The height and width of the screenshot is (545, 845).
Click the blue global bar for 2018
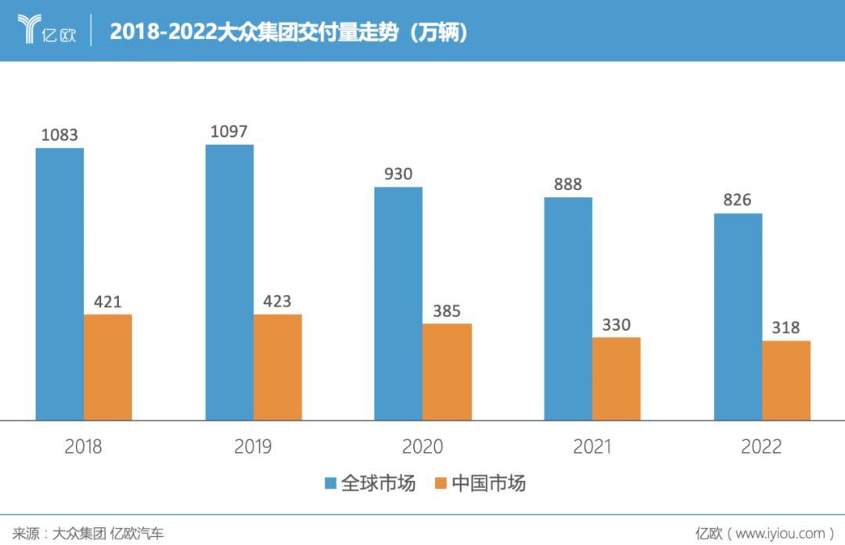[59, 283]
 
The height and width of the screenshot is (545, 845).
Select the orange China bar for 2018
[108, 367]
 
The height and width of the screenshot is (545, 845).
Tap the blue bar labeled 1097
[229, 281]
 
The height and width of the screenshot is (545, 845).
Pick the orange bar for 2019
[278, 367]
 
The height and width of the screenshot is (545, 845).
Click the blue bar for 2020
[398, 303]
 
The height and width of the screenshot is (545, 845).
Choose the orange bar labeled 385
[447, 371]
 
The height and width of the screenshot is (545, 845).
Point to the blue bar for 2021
[568, 308]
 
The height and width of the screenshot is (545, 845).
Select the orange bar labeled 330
[617, 378]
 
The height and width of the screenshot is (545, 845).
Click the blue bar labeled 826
[738, 316]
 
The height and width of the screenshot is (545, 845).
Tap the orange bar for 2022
[786, 380]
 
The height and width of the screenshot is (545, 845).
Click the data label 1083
[59, 135]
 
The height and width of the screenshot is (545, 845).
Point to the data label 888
[568, 185]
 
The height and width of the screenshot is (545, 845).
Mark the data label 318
[786, 328]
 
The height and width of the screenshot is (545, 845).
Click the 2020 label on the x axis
[422, 446]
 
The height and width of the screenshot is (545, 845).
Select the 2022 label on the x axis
[761, 446]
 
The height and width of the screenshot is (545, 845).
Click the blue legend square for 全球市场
[331, 483]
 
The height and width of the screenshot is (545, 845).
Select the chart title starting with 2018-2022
[289, 31]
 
